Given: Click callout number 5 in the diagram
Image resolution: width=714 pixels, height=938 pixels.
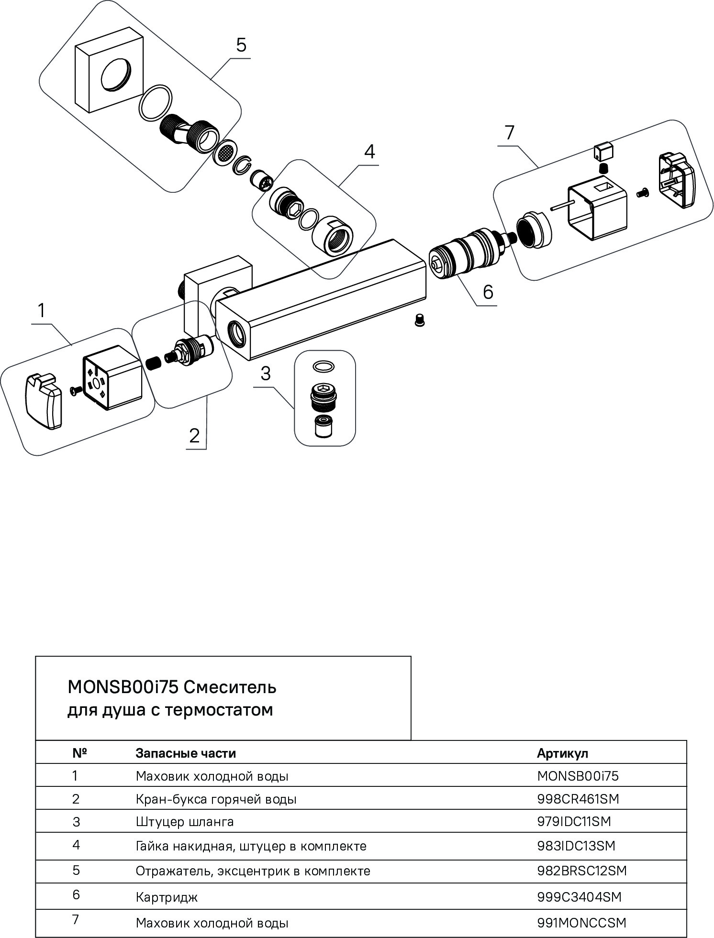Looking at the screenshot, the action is [241, 45].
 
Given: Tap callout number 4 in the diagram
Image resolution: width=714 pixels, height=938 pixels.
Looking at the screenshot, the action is [369, 152].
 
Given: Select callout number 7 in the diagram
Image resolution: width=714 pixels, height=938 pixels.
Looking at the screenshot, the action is [510, 132].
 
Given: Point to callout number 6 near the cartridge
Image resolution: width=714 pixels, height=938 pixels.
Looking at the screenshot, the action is [488, 291].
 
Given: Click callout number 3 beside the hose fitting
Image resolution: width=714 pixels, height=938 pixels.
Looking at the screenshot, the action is [266, 374].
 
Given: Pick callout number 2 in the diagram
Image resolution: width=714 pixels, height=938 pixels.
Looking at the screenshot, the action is [194, 435].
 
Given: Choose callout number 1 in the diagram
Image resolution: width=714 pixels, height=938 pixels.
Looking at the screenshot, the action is [42, 310].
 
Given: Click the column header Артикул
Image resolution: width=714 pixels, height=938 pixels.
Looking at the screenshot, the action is [562, 753].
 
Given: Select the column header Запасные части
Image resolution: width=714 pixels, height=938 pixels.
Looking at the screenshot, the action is [186, 753].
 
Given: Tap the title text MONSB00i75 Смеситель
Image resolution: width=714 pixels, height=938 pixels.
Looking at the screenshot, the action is [172, 687].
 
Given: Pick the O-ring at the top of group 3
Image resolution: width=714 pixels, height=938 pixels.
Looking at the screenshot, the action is [324, 366].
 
